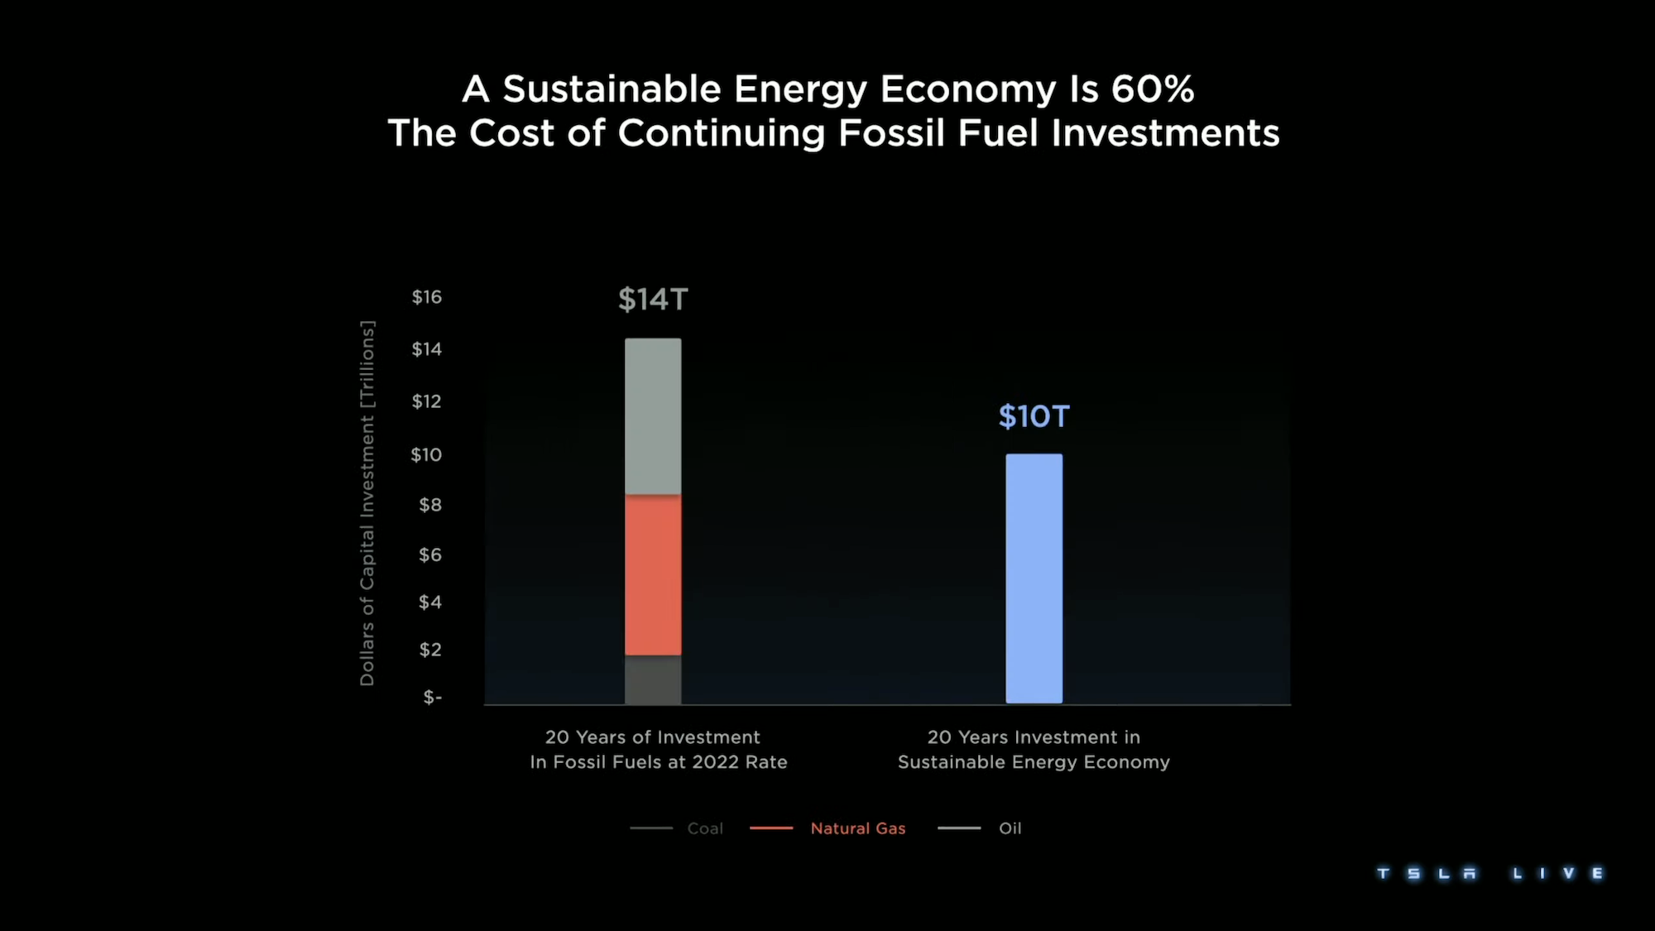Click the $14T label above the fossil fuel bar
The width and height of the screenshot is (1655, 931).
coord(653,300)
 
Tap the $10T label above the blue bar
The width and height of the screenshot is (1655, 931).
coord(1034,416)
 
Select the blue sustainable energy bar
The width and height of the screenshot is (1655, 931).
coord(1034,578)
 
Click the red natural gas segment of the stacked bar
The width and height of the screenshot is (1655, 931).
coord(653,574)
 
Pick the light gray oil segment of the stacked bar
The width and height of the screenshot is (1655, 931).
coord(653,415)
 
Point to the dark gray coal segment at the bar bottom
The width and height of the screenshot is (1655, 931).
coord(653,679)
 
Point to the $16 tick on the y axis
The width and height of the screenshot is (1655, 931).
coord(427,297)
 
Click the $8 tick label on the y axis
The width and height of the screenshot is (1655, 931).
coord(429,505)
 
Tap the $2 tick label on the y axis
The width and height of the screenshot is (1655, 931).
coord(429,650)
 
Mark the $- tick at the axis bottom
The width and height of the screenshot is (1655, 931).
coord(432,698)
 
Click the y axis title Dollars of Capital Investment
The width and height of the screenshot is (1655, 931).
coord(367,503)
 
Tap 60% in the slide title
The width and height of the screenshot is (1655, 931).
coord(1152,89)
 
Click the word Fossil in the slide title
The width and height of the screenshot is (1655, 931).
coord(890,133)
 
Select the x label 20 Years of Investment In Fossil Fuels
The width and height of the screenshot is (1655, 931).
coord(658,750)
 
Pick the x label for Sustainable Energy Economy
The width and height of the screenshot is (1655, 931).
coord(1034,750)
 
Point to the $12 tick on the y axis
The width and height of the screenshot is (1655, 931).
coord(427,401)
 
